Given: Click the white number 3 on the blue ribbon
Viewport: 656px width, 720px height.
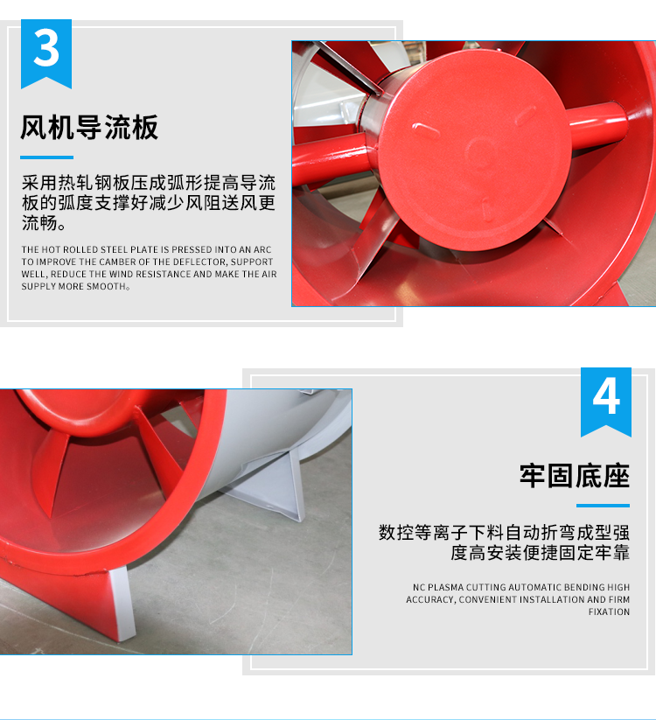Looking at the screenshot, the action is coord(46,49).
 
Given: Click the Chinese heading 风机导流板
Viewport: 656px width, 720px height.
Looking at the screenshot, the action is coord(89,127).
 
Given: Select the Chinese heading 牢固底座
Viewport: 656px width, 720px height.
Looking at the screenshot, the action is coord(575,476).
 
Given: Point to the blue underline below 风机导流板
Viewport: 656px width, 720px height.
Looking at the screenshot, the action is coord(46,157).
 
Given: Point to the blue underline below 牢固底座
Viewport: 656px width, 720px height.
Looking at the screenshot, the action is coord(603,506).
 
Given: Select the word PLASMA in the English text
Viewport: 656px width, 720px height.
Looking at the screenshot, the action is coord(446,587).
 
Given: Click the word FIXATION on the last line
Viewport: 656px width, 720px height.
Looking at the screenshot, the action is coord(609,612).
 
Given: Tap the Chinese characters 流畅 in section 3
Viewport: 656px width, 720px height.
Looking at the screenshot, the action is coord(40,223).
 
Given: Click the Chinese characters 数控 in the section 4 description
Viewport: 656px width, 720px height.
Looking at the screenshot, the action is coord(396,533).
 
